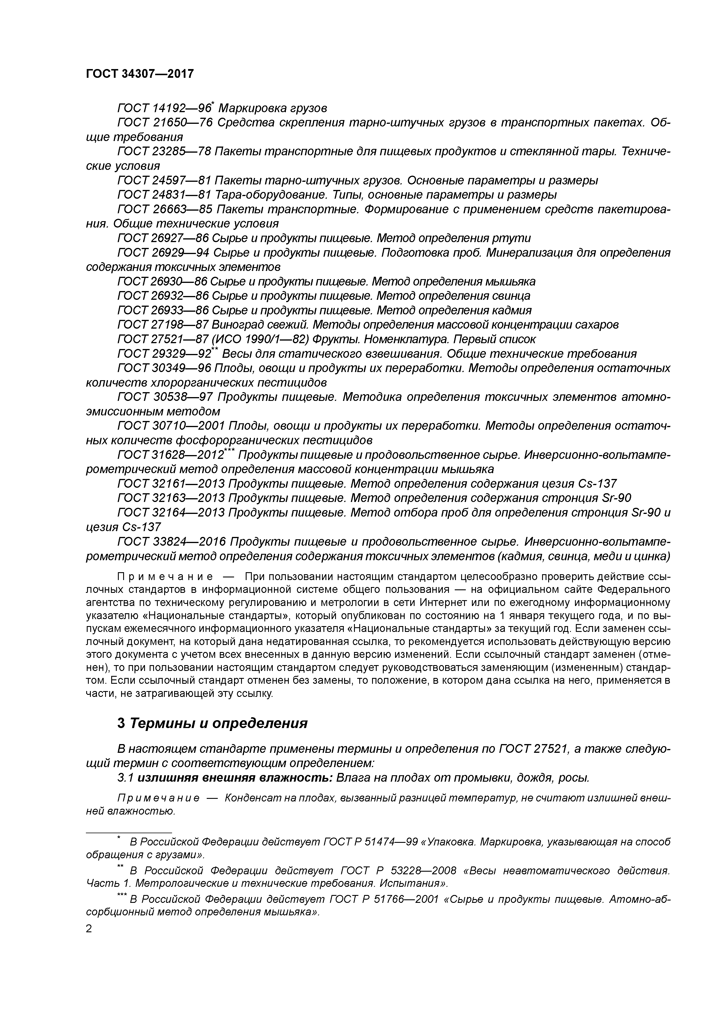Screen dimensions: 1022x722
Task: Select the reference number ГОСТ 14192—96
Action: [x=164, y=108]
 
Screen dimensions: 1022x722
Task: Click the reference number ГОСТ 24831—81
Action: [x=164, y=195]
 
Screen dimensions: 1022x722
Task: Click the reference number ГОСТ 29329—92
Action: [x=164, y=354]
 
